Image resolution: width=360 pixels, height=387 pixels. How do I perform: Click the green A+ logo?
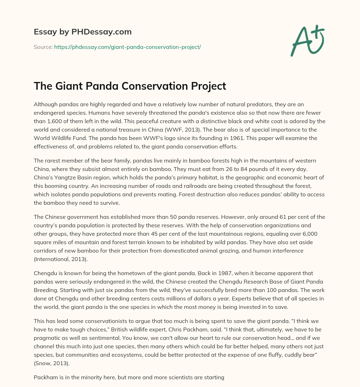[307, 40]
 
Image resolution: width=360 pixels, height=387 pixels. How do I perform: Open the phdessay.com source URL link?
[127, 47]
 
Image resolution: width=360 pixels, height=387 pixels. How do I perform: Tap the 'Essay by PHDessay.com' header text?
[83, 32]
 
